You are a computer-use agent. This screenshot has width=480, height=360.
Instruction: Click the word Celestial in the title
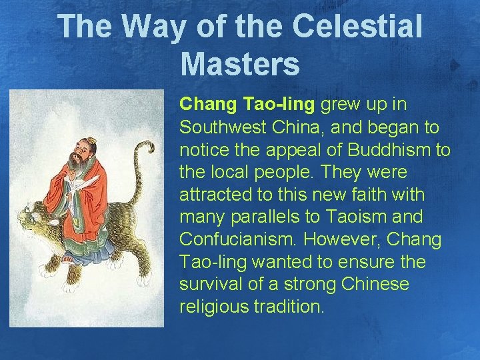pyautogui.click(x=359, y=27)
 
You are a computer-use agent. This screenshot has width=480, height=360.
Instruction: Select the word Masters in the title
pyautogui.click(x=240, y=64)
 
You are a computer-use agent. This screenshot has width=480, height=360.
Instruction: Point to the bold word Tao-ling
pyautogui.click(x=281, y=105)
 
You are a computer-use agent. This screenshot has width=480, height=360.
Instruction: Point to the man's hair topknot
pyautogui.click(x=90, y=141)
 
